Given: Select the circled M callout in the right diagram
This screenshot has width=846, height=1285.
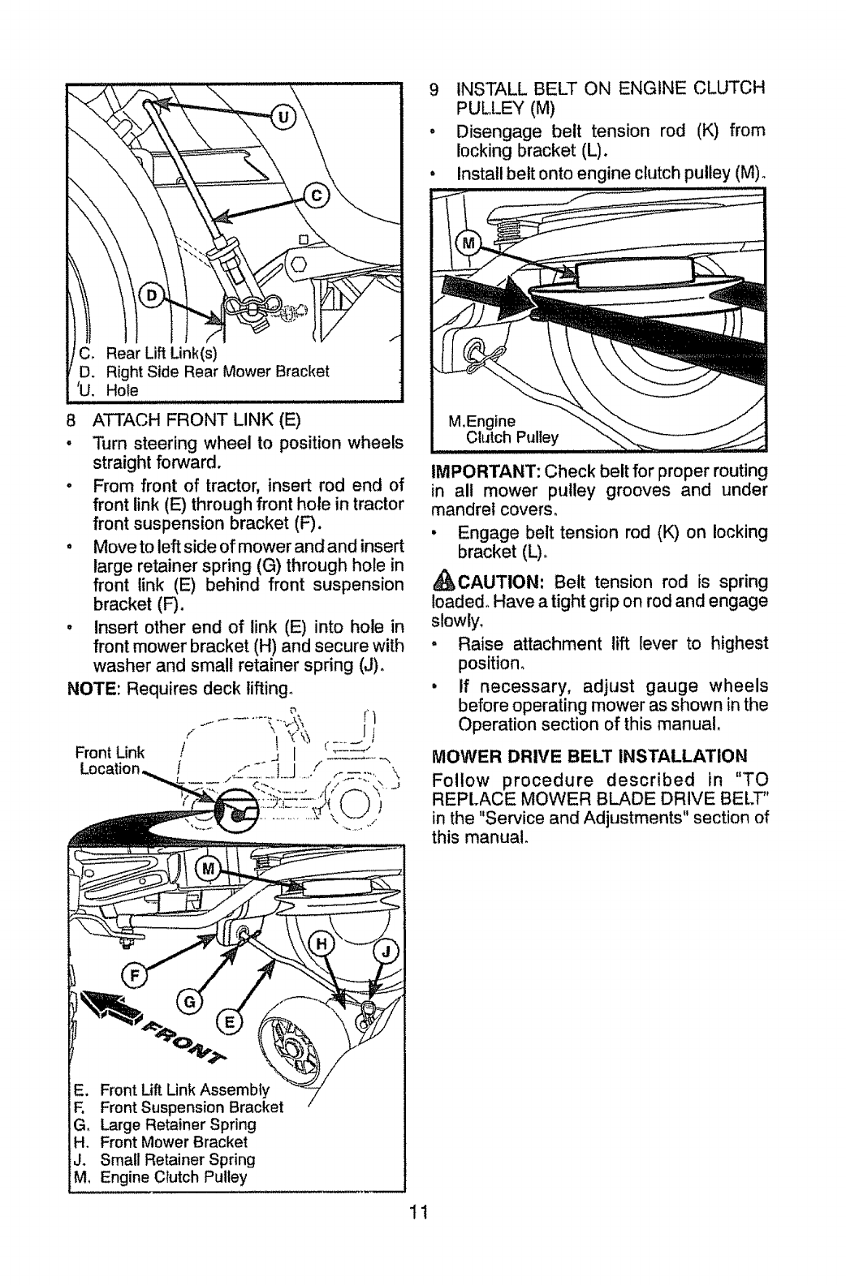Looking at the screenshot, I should coord(468,243).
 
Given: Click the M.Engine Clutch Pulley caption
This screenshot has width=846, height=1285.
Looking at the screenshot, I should coord(503,429).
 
